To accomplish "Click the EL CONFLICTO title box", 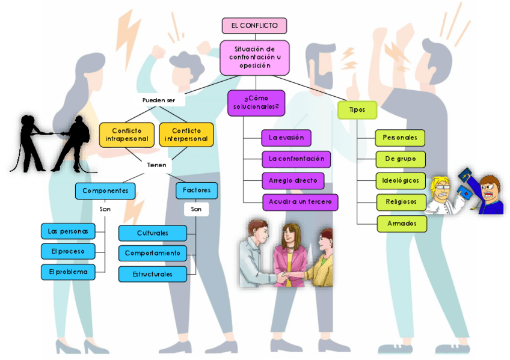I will [254, 26].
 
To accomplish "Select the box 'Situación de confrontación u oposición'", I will [254, 57].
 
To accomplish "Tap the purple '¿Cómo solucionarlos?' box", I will [256, 103].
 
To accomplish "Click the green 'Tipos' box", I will [357, 110].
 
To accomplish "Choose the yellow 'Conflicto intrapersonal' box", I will [127, 135].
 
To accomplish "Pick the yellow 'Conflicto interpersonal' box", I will [186, 135].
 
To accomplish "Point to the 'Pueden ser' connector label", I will [159, 100].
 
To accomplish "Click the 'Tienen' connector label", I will [156, 164].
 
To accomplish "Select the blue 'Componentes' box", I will [105, 191].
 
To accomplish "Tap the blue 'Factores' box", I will [197, 191].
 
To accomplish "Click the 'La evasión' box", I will [286, 138].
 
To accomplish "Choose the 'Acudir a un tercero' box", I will [300, 202].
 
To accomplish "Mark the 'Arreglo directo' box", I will [293, 180].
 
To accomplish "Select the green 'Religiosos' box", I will [401, 202].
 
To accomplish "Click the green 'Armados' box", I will [402, 224].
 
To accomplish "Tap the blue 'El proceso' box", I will [68, 251].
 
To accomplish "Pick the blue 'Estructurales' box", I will [153, 274].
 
